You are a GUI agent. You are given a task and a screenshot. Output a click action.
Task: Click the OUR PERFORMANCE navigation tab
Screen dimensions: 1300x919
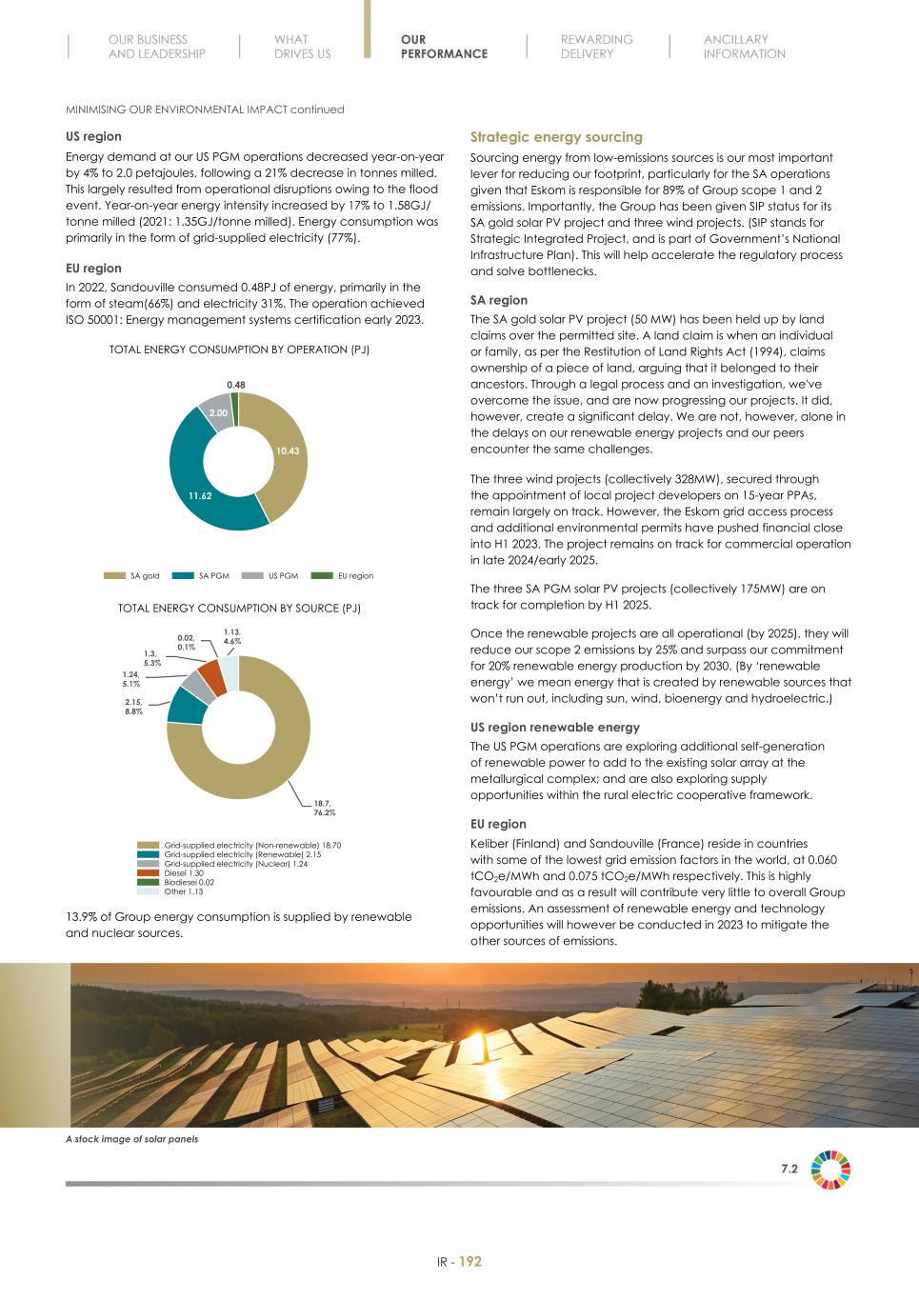click(x=443, y=47)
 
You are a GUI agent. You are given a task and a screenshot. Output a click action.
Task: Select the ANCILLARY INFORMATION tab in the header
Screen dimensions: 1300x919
click(x=744, y=47)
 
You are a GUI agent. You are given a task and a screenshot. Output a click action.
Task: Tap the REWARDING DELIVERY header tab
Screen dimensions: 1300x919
click(x=596, y=47)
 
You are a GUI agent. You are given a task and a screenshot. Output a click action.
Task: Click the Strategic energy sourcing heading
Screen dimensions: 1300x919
click(x=556, y=137)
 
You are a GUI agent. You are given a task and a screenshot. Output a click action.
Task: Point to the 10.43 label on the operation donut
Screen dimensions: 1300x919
click(x=288, y=450)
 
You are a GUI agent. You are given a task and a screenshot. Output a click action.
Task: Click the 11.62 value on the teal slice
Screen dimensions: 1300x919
click(x=200, y=496)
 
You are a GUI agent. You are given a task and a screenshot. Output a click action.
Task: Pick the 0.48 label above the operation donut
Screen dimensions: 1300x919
click(x=236, y=385)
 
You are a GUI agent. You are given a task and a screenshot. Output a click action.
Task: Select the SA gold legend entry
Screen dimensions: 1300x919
click(x=133, y=576)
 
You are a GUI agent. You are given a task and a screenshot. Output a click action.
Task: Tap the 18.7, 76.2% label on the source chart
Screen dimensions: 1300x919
click(x=325, y=808)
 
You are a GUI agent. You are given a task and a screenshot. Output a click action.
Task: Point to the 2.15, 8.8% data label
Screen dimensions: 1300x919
click(x=133, y=707)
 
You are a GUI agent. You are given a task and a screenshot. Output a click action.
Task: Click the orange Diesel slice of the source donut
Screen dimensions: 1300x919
click(x=212, y=678)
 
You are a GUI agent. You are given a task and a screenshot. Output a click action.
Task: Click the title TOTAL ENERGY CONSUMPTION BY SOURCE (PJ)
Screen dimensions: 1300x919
click(x=239, y=608)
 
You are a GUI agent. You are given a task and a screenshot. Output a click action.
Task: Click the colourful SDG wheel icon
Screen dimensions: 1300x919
click(x=830, y=1170)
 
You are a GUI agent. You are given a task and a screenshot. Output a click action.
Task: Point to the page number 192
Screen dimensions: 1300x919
click(x=470, y=1262)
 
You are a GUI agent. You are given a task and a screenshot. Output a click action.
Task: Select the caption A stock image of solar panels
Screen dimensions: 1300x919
click(x=131, y=1139)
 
